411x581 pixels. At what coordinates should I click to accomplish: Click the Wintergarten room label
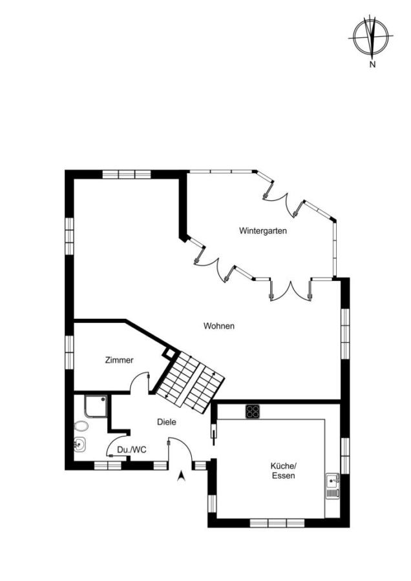[x=262, y=231]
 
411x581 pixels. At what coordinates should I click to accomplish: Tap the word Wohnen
[x=219, y=326]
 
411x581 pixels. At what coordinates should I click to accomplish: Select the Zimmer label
[x=119, y=360]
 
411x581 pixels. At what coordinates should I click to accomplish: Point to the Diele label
[x=167, y=422]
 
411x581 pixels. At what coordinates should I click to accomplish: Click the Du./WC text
[x=132, y=450]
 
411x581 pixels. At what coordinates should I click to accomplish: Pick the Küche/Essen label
[x=284, y=471]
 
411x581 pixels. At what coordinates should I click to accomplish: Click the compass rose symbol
[x=371, y=37]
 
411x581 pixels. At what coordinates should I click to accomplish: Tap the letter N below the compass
[x=372, y=65]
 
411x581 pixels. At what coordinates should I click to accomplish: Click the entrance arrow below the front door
[x=181, y=475]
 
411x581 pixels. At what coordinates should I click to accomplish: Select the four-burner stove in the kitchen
[x=253, y=412]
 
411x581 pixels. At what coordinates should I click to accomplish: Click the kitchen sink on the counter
[x=332, y=485]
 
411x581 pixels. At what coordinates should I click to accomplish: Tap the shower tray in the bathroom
[x=96, y=407]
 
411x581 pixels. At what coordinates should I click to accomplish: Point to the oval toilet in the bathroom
[x=81, y=426]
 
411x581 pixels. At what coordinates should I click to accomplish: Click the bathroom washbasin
[x=79, y=444]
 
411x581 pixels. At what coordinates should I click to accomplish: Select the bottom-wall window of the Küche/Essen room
[x=277, y=523]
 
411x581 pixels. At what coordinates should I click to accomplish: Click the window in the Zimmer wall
[x=69, y=352]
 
